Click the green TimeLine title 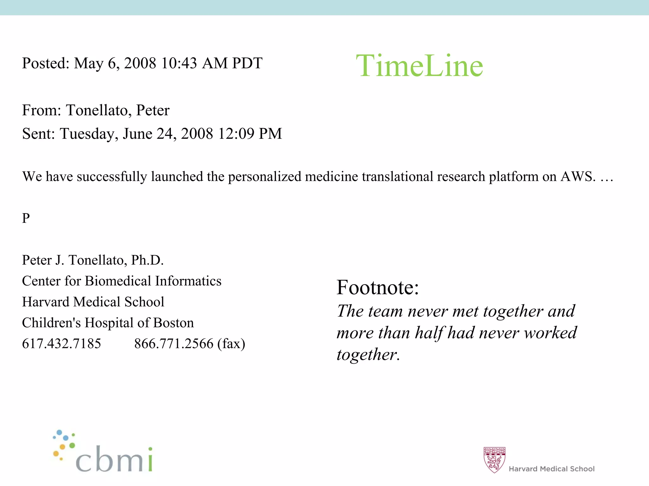[419, 66]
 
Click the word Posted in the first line [45, 63]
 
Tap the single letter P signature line [26, 218]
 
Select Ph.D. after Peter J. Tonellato [147, 260]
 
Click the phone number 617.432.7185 [61, 344]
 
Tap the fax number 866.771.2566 [174, 344]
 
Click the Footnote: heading [378, 287]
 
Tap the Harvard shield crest [494, 460]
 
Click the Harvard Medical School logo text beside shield [551, 469]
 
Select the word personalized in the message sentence [265, 176]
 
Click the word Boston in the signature [173, 323]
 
